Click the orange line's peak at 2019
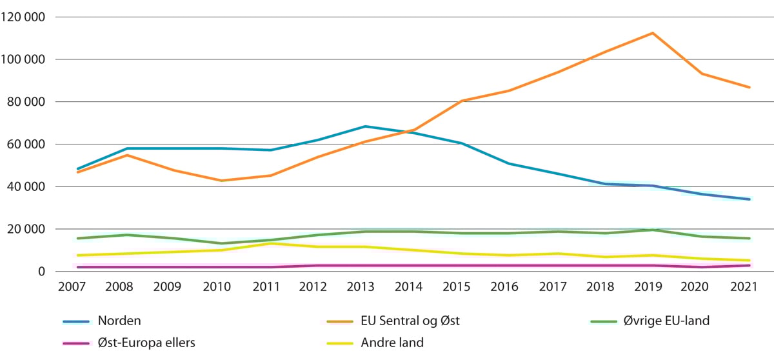653,33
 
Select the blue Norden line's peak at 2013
365,126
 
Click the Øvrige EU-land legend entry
668,321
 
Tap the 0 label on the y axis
40,272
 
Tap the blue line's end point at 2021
749,199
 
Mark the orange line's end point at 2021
749,87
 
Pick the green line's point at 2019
653,230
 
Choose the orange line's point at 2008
126,155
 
